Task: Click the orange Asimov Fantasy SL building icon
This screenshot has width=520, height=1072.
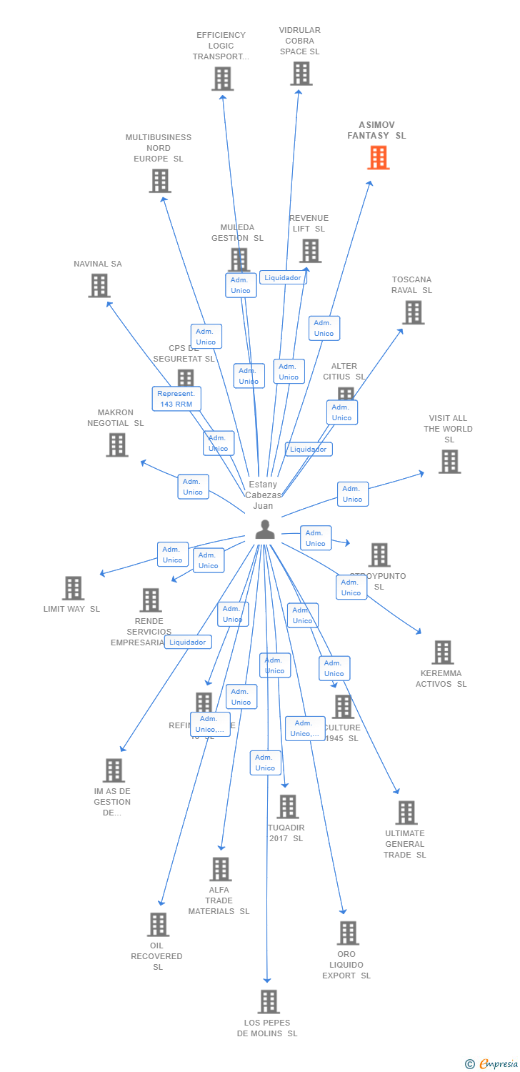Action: pos(379,157)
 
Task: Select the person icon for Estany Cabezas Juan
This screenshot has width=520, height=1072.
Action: pos(265,530)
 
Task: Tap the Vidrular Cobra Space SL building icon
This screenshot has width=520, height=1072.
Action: pos(301,74)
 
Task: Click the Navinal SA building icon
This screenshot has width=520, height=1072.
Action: pos(99,286)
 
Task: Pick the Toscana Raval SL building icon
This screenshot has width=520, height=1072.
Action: pos(413,312)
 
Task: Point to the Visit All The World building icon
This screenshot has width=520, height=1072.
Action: pos(449,462)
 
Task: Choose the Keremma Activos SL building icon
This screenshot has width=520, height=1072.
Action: pos(442,652)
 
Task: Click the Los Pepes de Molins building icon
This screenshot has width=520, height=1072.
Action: pos(269,1002)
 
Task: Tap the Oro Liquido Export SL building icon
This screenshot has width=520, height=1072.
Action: pos(348,933)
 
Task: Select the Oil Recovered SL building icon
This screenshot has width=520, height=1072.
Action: pos(158,924)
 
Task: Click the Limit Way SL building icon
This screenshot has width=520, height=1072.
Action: pos(73,588)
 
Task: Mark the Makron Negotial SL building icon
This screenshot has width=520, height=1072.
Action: pos(116,445)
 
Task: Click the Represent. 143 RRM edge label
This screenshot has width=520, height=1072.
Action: pos(176,399)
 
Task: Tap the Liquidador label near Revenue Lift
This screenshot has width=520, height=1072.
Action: pos(284,277)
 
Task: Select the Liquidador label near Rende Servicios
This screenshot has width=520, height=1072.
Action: pos(188,642)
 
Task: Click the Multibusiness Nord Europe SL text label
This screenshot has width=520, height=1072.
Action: pos(159,148)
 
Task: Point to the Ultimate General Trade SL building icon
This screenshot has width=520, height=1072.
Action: pos(406,813)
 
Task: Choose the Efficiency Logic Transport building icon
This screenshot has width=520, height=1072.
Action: pos(222,79)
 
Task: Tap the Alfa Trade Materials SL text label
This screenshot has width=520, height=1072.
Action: pos(219,900)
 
